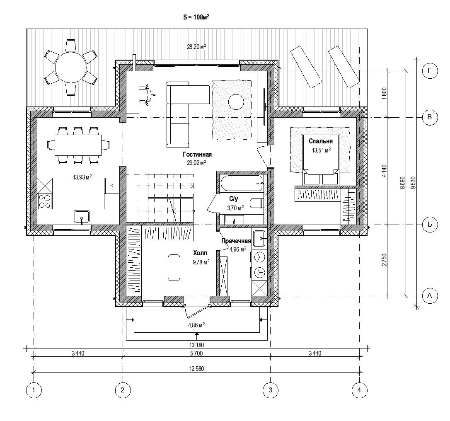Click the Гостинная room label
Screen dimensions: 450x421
[197, 155]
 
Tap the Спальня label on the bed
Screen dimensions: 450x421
[321, 141]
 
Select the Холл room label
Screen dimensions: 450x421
[200, 253]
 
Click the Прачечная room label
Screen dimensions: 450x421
[236, 241]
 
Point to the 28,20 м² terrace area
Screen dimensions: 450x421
[196, 47]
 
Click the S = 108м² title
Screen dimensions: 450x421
[196, 17]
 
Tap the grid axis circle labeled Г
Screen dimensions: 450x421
[430, 71]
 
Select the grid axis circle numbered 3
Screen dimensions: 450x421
[271, 390]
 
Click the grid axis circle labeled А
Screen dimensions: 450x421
[430, 295]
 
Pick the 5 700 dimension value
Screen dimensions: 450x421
[196, 353]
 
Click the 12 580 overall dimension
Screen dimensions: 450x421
[196, 369]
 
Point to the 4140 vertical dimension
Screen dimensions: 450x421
[385, 171]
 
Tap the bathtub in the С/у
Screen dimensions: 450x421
[242, 184]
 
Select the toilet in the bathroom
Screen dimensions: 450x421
[256, 203]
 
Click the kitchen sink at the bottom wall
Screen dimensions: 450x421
[82, 216]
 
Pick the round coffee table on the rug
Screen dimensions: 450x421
[236, 102]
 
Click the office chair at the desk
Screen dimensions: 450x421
[148, 94]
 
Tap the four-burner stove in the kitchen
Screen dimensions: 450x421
[45, 201]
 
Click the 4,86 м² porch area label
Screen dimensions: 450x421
[196, 325]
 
